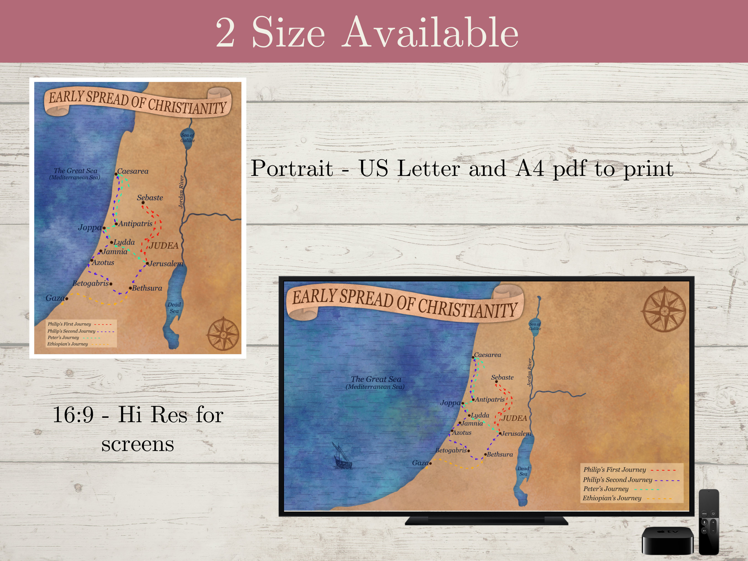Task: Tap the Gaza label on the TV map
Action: (420, 463)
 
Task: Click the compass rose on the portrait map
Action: (223, 334)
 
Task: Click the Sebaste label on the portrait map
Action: (150, 198)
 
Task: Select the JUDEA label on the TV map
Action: (514, 418)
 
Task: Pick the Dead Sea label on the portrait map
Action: (174, 308)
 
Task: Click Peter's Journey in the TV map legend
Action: (606, 489)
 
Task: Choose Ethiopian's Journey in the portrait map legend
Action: (68, 344)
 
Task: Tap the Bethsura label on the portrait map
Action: (147, 288)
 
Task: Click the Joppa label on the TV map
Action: (450, 403)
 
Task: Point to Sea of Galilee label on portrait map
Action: (187, 138)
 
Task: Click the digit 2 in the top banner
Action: (226, 33)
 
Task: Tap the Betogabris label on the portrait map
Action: (91, 283)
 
